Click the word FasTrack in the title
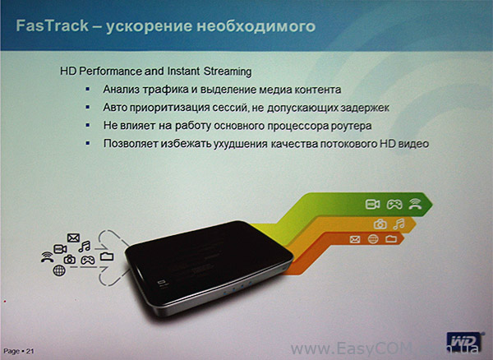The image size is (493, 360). (x=53, y=25)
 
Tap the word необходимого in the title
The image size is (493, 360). (x=256, y=26)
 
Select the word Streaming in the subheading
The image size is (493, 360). (x=228, y=72)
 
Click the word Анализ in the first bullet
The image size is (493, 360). (x=121, y=90)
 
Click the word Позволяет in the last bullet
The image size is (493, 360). (x=131, y=143)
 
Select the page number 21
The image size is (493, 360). (x=30, y=351)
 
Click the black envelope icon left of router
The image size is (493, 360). (x=73, y=238)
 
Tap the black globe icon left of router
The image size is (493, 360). (x=59, y=270)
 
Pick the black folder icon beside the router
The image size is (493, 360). (x=107, y=256)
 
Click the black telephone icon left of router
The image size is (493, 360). (x=47, y=257)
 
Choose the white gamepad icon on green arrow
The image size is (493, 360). (x=394, y=205)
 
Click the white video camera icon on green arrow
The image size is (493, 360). (x=373, y=205)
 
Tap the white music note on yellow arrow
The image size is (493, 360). (x=399, y=224)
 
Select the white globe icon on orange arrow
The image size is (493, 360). (x=373, y=239)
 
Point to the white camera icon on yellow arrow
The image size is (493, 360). (x=380, y=224)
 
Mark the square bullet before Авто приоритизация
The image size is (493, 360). (x=88, y=108)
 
